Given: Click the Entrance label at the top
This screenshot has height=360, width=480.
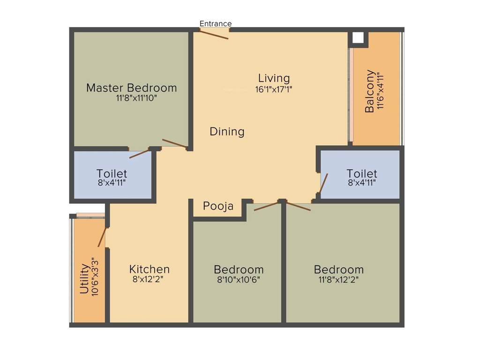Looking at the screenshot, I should (x=216, y=23).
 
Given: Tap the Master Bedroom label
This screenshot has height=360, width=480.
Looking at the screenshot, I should (x=132, y=88).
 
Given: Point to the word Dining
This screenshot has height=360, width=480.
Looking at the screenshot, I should (x=227, y=132).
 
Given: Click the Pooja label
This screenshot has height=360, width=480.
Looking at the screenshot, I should (x=218, y=206).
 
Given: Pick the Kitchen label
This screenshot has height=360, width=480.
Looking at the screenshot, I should (x=150, y=270).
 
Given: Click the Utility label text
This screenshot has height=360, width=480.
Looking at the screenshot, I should (x=84, y=278).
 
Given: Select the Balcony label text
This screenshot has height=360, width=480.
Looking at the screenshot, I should (x=370, y=91).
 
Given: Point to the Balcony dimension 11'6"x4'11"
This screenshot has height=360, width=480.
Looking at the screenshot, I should (x=380, y=91).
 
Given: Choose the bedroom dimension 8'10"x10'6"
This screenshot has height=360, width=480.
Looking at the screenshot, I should (x=239, y=279).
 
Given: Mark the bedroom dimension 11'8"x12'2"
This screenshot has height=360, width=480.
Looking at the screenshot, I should (x=339, y=279).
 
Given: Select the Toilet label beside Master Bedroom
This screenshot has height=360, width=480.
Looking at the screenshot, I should (x=112, y=173).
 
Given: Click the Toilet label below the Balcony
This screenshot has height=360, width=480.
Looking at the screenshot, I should (x=362, y=173).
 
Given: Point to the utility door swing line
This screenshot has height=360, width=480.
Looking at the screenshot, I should (x=102, y=237).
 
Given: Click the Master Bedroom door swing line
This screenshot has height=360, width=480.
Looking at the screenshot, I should (x=174, y=144).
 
